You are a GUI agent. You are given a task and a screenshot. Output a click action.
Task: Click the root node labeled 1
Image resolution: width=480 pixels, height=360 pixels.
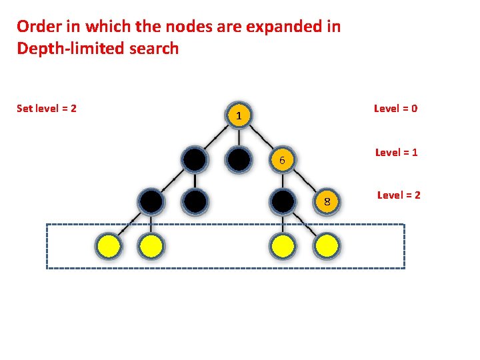(238, 116)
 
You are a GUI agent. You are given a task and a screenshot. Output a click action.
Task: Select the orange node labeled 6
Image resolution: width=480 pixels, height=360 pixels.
(283, 160)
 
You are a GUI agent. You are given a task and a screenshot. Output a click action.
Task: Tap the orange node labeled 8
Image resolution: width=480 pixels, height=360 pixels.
(327, 201)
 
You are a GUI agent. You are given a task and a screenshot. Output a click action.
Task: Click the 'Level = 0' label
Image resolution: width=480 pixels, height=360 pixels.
(395, 108)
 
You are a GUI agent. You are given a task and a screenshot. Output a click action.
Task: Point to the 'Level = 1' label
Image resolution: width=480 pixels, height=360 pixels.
(396, 152)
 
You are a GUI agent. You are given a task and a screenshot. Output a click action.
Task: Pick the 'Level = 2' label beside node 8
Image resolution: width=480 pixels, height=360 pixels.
(399, 195)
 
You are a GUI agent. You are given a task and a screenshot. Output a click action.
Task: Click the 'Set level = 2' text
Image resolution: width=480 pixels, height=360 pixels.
(46, 108)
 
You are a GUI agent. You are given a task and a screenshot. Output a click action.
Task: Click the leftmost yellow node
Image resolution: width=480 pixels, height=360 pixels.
(108, 247)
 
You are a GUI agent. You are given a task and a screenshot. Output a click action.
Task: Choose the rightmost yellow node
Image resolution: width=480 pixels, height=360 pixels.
(327, 247)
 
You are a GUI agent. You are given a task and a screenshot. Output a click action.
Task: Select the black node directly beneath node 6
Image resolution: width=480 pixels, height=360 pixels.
(283, 201)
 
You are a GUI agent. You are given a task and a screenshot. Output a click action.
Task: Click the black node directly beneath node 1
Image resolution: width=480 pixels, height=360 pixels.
(238, 160)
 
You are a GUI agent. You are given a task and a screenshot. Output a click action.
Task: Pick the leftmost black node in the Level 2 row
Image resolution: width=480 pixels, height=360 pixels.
(151, 201)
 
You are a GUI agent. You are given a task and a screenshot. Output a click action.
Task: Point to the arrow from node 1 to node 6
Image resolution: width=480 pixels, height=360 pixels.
(261, 139)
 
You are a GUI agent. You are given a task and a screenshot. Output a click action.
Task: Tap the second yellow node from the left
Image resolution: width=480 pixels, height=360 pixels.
(151, 247)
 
